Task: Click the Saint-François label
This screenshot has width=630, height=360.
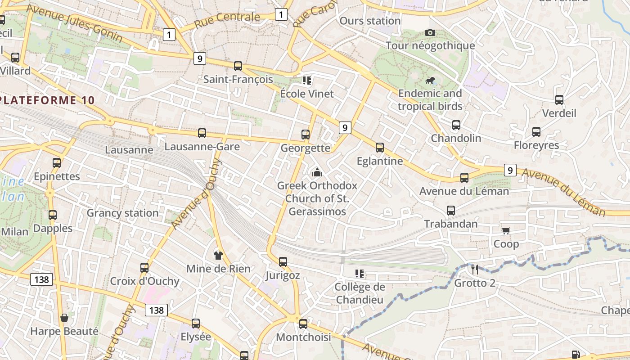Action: coord(238,80)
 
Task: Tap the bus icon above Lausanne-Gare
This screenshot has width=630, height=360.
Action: coord(202,133)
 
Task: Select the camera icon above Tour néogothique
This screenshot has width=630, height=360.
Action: coord(430,32)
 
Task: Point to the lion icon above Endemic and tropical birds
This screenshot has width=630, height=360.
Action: coord(430,81)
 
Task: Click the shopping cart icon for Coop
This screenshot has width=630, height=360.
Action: coord(506,230)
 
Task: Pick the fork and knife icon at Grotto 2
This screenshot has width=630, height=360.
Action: coord(475,269)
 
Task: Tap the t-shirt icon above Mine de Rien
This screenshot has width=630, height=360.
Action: coord(218,255)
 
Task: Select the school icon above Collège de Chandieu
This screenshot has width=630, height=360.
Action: coord(359,273)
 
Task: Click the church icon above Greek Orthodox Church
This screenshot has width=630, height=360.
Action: coord(317,172)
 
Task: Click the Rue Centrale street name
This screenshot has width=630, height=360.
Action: coord(227,19)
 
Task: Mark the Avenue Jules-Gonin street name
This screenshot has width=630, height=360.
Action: coord(74,23)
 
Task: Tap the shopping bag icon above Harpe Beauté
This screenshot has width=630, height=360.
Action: coord(64,318)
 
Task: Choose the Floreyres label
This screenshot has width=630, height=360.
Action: coord(536,145)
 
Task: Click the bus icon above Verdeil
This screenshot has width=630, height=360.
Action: coord(559,99)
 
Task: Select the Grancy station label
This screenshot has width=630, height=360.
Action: coord(122,213)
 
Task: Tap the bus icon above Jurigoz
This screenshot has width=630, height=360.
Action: coord(283,261)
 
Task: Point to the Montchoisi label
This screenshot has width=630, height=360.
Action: coord(303,337)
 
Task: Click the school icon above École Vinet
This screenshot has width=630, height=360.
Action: coord(307,81)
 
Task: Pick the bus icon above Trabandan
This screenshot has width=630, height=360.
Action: coord(451,210)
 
